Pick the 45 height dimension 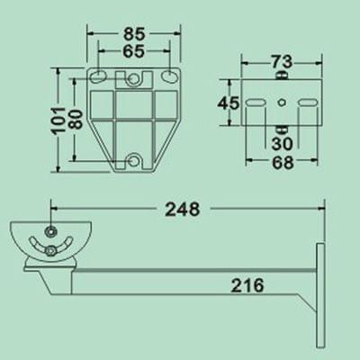[x=229, y=103]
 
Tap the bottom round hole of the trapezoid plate [x=135, y=161]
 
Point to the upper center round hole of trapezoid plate [x=135, y=81]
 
